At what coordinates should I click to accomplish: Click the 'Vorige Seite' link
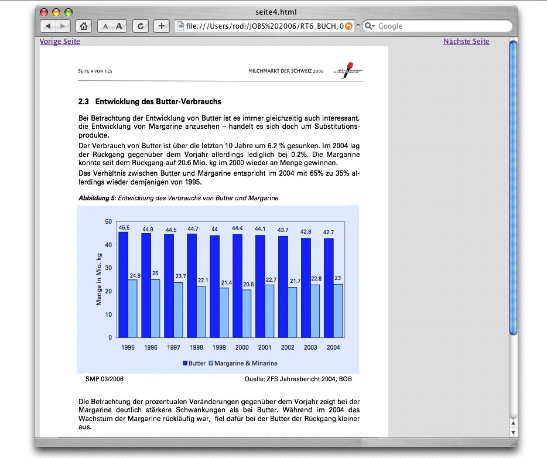coord(60,42)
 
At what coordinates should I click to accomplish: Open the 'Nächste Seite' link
coord(466,42)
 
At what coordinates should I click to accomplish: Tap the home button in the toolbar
coord(84,26)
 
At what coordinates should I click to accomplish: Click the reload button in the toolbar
coord(140,26)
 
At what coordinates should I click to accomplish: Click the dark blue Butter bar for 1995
coord(123,285)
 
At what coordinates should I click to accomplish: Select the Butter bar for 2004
coord(329,288)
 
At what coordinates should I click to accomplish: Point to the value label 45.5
coord(124,227)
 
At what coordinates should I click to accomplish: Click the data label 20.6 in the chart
coord(248,285)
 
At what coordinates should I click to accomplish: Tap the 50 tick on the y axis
coord(108,221)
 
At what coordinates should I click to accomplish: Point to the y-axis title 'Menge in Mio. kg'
coord(99,279)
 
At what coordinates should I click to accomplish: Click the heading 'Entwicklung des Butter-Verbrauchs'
coord(158,102)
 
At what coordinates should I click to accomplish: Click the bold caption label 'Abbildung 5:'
coord(97,199)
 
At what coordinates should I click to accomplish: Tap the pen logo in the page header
coord(349,70)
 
